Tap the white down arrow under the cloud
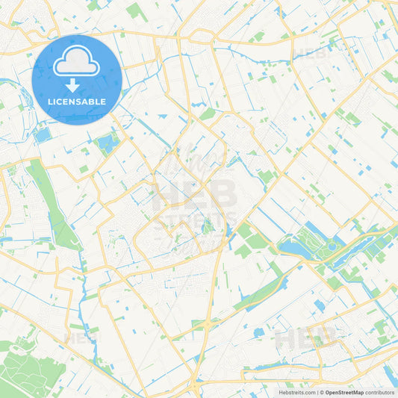tap(77, 84)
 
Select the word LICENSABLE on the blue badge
tap(77, 102)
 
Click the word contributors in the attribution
tap(380, 392)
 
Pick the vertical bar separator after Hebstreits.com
tap(316, 392)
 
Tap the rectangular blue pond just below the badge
tap(43, 135)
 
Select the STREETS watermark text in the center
tap(196, 220)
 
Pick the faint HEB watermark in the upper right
tap(313, 53)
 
